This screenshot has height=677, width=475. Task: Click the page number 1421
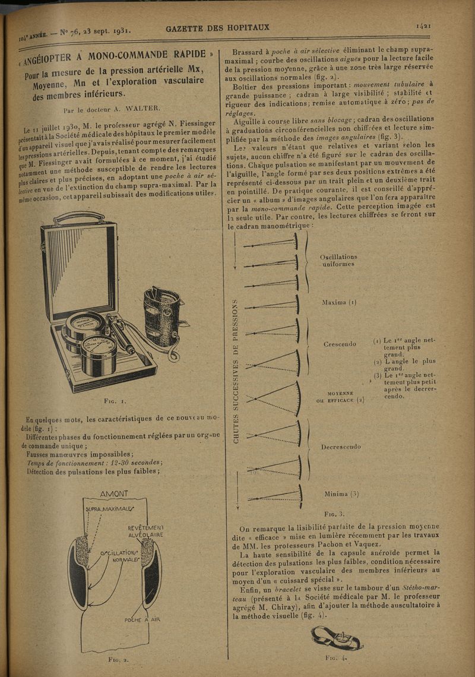click(x=423, y=26)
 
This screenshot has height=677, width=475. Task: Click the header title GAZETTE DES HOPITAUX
click(x=218, y=27)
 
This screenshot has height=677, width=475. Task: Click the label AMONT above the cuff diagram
click(x=114, y=494)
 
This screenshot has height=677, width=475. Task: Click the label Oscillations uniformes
click(x=338, y=261)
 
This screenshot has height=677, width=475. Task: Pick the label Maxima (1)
click(x=338, y=302)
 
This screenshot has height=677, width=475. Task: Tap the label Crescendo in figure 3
click(x=340, y=344)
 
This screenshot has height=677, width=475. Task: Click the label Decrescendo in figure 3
click(x=341, y=447)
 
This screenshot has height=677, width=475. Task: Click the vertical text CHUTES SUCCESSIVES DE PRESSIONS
click(x=235, y=371)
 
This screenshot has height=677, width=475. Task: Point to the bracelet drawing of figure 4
click(x=337, y=639)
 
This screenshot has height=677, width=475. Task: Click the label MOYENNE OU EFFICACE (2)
click(x=340, y=396)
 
